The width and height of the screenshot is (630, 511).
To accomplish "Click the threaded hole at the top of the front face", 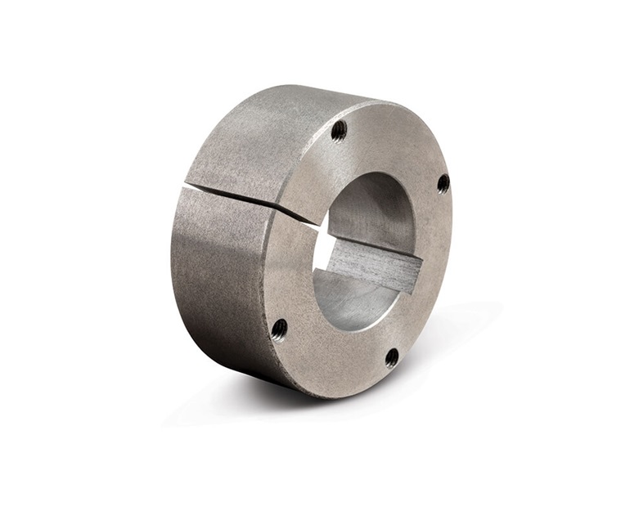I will click(x=339, y=129).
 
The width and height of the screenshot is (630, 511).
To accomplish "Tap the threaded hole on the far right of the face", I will click(x=443, y=183).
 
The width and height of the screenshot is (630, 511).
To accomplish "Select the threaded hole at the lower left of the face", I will click(x=279, y=329).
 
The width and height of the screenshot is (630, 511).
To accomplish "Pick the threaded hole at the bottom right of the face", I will click(x=392, y=357).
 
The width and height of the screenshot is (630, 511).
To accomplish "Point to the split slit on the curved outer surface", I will click(x=237, y=196).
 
